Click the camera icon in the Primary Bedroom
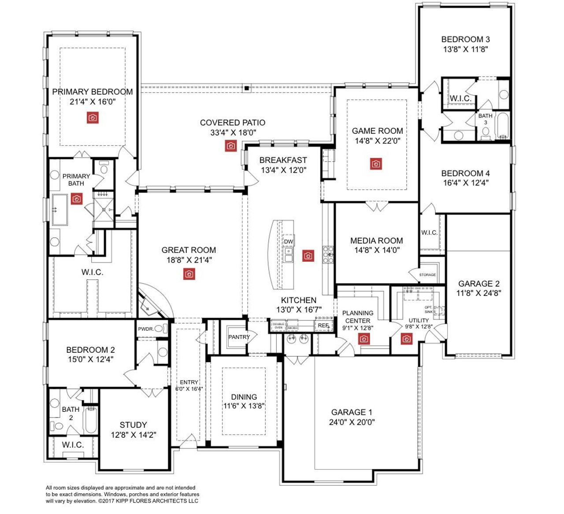tap(93, 118)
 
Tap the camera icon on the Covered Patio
tap(231, 146)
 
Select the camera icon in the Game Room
tap(376, 164)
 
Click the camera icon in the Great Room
tap(189, 274)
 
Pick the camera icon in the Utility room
tap(406, 339)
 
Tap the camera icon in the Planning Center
tap(364, 339)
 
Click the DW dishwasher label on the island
tap(288, 242)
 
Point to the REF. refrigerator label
tap(323, 325)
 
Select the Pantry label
tap(239, 337)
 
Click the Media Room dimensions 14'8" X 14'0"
tap(377, 250)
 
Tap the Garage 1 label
tap(352, 412)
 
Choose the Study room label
tap(133, 425)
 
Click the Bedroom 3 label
tap(465, 39)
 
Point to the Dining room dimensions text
tap(244, 406)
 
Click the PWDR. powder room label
tap(146, 329)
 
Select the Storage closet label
tap(427, 275)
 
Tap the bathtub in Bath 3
tap(502, 126)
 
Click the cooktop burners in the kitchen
tap(328, 255)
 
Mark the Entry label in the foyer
tap(189, 382)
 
